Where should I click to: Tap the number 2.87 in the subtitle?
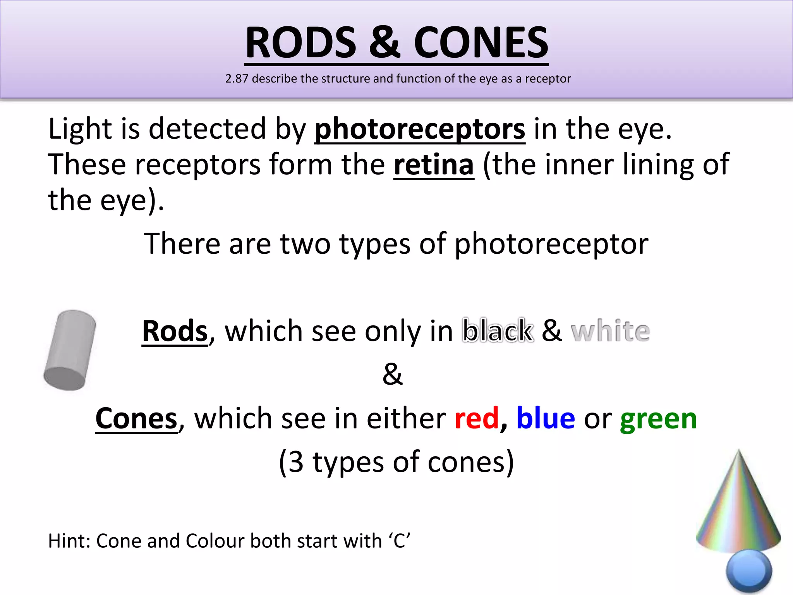click(x=237, y=79)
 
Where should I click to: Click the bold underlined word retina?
click(x=434, y=165)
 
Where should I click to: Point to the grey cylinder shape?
click(x=70, y=350)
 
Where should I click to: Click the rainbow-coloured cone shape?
click(x=738, y=504)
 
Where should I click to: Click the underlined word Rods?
click(x=175, y=331)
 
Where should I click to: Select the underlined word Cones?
click(x=136, y=418)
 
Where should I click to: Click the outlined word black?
click(x=498, y=331)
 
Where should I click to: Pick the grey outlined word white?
click(x=610, y=331)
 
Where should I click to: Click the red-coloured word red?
click(x=477, y=418)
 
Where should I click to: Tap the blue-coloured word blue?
click(x=546, y=418)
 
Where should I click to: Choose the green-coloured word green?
click(x=658, y=419)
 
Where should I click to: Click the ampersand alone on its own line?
click(x=393, y=374)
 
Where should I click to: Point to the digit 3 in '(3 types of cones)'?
click(x=296, y=462)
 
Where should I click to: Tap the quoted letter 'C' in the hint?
click(x=399, y=541)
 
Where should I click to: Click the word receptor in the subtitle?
click(x=548, y=79)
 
